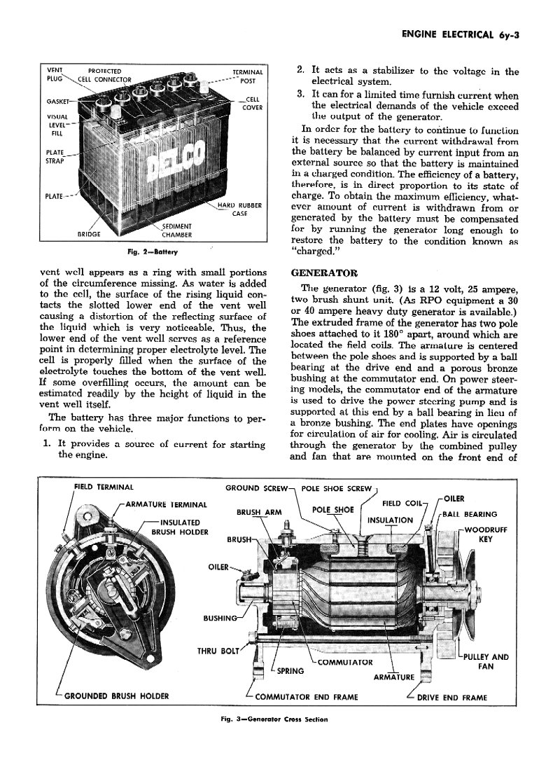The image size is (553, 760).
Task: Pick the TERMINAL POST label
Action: pyautogui.click(x=248, y=76)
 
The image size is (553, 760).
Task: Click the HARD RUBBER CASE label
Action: pyautogui.click(x=239, y=209)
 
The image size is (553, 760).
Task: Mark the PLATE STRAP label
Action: pyautogui.click(x=55, y=156)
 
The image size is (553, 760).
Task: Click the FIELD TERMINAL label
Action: pyautogui.click(x=104, y=487)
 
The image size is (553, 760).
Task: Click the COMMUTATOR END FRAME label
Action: pyautogui.click(x=307, y=697)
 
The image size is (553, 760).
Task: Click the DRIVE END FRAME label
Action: pyautogui.click(x=452, y=697)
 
